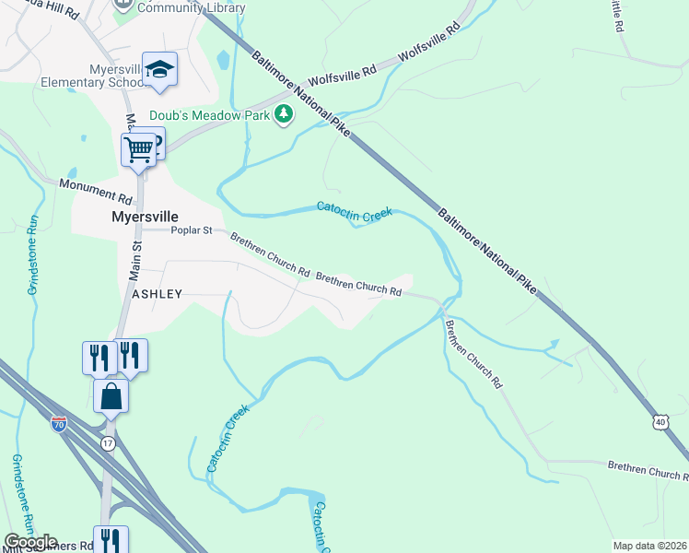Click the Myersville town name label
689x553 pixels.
[x=145, y=218]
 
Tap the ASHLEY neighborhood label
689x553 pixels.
[x=157, y=293]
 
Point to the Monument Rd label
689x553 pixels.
[x=97, y=191]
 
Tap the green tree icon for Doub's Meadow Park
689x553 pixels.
[x=286, y=114]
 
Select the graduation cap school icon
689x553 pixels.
[x=159, y=70]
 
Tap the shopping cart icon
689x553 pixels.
[x=139, y=147]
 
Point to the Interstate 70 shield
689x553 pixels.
[x=58, y=426]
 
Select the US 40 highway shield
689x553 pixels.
[x=660, y=421]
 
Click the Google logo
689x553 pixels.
[x=30, y=542]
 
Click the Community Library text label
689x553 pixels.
[x=192, y=8]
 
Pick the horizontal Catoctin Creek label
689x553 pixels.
[x=355, y=211]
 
